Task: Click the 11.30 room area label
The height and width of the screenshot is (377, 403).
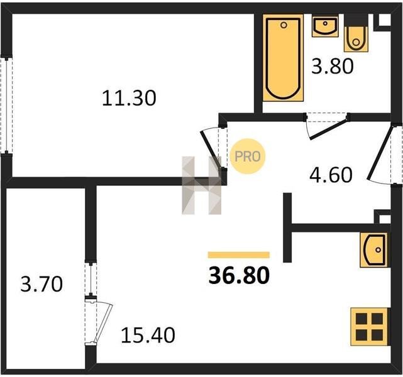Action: [x=129, y=98]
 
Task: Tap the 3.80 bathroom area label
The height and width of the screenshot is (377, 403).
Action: [x=333, y=66]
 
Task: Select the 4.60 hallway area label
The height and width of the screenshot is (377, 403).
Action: [x=331, y=175]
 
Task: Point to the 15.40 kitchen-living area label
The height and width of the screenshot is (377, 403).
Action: [x=148, y=335]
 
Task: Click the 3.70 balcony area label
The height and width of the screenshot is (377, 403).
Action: [x=41, y=284]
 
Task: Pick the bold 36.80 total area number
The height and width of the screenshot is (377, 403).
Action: [x=239, y=275]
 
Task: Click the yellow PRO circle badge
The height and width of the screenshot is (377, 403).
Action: [x=248, y=156]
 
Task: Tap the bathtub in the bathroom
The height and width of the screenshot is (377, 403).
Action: [x=283, y=58]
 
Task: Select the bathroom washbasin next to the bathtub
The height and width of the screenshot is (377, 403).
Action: [x=325, y=26]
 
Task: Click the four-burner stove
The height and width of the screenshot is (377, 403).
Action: [x=369, y=326]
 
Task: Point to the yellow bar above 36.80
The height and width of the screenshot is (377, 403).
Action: [x=239, y=254]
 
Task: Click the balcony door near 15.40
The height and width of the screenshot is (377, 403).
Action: [x=103, y=323]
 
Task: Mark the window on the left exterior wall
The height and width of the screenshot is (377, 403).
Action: [x=6, y=106]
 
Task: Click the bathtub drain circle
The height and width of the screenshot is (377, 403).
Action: [x=284, y=25]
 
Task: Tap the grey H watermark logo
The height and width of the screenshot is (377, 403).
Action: [x=201, y=185]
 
